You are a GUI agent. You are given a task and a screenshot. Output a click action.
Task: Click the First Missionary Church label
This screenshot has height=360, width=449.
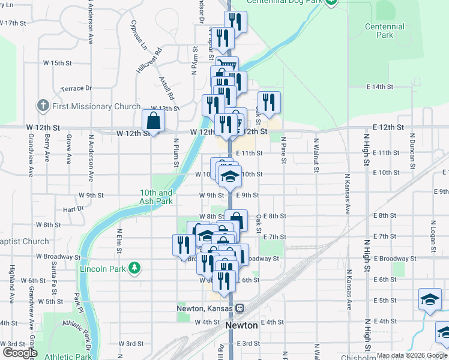pyautogui.click(x=96, y=106)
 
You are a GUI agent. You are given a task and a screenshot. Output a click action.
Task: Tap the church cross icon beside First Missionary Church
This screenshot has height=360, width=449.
pyautogui.click(x=43, y=106)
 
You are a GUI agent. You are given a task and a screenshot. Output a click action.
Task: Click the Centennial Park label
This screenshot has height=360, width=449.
pyautogui.click(x=384, y=31)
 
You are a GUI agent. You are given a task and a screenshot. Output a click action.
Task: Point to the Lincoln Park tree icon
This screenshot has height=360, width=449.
pyautogui.click(x=136, y=268)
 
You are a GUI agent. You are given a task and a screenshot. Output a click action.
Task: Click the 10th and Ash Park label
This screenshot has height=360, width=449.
pyautogui.click(x=157, y=197)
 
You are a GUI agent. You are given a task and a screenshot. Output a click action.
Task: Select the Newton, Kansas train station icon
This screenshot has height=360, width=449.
pyautogui.click(x=240, y=308)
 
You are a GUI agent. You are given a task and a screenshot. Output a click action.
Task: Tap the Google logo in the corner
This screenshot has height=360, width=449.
pyautogui.click(x=19, y=353)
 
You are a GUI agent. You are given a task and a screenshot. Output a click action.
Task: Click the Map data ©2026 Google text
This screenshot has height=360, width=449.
pyautogui.click(x=411, y=355)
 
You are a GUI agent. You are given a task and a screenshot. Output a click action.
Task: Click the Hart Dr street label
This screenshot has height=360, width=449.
pyautogui.click(x=73, y=209)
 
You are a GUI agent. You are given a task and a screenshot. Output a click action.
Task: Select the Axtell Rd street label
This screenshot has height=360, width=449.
pyautogui.click(x=167, y=88)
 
